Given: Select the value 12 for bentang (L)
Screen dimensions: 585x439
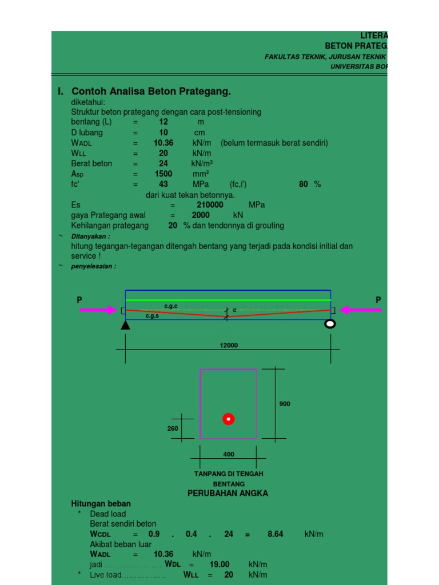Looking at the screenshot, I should click(163, 122).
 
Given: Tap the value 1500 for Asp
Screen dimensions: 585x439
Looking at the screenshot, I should click(163, 174).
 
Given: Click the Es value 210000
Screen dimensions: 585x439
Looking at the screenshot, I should click(209, 205).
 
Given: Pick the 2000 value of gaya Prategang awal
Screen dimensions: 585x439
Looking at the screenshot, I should click(201, 215).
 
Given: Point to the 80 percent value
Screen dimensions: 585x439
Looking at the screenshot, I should click(304, 184).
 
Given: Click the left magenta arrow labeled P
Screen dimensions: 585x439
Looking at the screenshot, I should click(98, 310).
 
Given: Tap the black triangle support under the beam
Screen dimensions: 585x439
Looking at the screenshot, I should click(125, 324).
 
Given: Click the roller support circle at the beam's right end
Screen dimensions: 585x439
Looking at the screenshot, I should click(330, 324).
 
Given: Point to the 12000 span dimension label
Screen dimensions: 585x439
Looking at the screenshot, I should click(228, 345).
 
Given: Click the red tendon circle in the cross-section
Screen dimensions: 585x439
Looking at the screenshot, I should click(229, 419).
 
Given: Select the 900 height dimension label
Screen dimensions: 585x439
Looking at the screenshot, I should click(285, 404).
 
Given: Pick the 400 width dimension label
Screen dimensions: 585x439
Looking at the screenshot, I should click(228, 454).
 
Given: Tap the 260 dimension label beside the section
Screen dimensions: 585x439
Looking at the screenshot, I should click(173, 428).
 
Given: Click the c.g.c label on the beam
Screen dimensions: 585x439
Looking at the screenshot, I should click(171, 306).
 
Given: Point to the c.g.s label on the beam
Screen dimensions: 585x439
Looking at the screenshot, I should click(152, 315).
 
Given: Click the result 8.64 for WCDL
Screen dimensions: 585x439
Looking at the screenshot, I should click(275, 534).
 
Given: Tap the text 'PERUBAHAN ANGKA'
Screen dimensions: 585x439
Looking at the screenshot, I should click(228, 493).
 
